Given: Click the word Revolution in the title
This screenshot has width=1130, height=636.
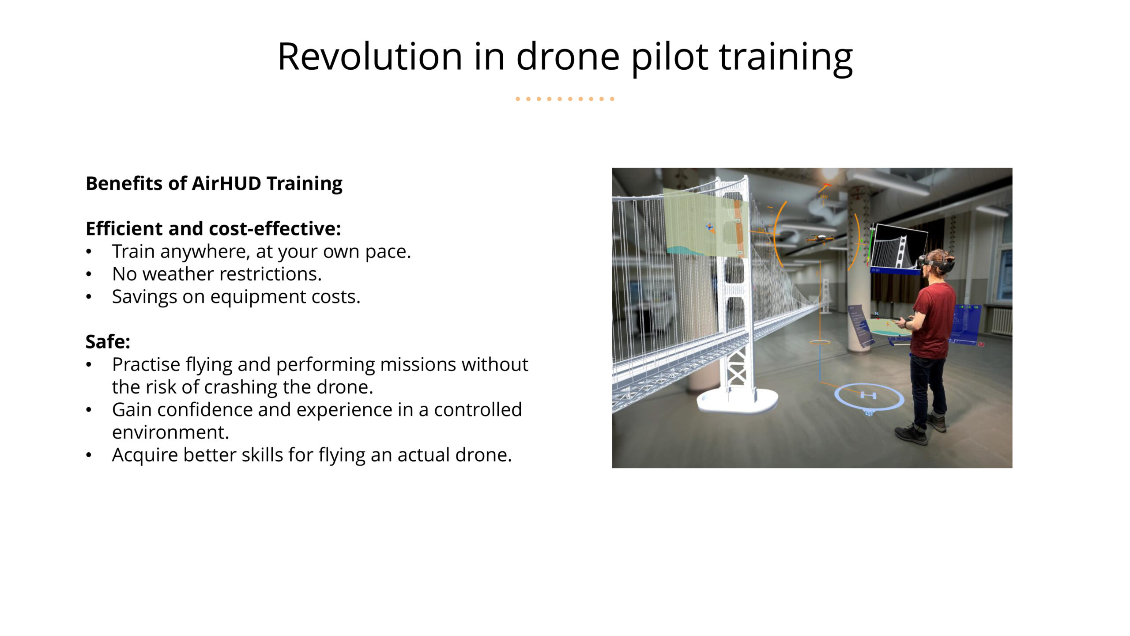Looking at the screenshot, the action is tap(370, 56).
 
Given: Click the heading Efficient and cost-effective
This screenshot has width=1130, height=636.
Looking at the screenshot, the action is tap(213, 228).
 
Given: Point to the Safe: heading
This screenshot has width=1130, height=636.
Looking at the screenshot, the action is tap(108, 341).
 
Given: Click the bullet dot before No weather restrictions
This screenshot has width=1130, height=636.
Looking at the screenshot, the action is tap(89, 274).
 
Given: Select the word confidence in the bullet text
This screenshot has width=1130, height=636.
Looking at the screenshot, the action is tap(205, 409).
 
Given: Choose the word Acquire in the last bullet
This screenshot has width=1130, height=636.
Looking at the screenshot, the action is tap(145, 455).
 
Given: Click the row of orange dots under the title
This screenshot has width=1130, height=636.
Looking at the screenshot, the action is tap(565, 99).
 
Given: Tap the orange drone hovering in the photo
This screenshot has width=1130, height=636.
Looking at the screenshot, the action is tap(820, 238).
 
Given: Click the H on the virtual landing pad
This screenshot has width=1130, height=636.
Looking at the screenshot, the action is tap(868, 395).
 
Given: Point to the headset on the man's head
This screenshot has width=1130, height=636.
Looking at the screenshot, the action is tap(937, 264).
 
